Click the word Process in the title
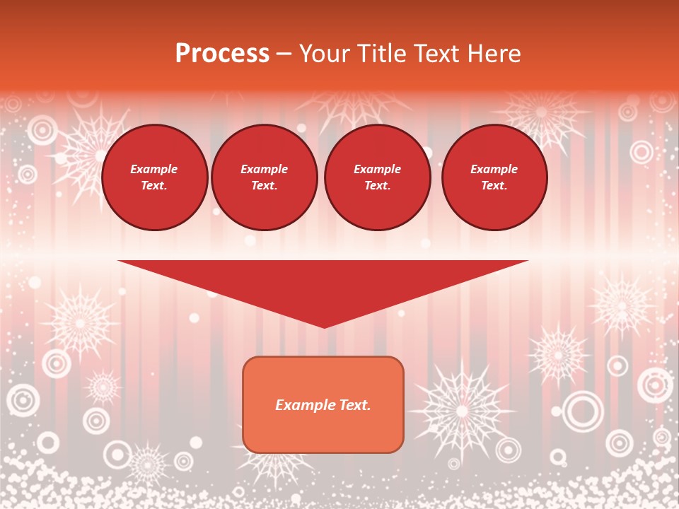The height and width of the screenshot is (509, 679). click(x=222, y=54)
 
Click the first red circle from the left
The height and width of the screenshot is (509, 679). click(x=154, y=177)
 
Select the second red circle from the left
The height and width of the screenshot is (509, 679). click(x=265, y=177)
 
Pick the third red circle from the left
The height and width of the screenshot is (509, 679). click(x=378, y=177)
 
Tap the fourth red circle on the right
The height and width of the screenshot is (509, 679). click(x=494, y=177)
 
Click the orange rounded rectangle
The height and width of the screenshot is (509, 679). click(x=323, y=424)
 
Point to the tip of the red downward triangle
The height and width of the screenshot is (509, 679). click(x=324, y=327)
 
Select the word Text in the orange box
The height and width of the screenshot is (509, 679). click(x=354, y=405)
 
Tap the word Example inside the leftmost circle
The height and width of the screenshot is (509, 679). click(x=154, y=169)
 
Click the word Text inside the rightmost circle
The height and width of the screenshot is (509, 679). click(x=494, y=186)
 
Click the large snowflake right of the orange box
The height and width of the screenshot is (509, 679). click(x=462, y=410)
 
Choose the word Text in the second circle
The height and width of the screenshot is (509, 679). click(x=264, y=186)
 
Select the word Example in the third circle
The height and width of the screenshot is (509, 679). click(x=378, y=169)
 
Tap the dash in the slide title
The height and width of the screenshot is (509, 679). click(x=284, y=54)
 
